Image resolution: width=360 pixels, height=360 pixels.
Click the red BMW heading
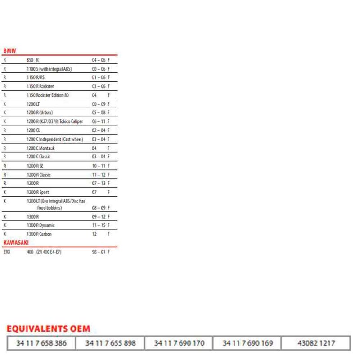point(9,51)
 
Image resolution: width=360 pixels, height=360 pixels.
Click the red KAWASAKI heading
point(16,243)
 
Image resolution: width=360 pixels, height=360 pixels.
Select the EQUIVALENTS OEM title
point(48,329)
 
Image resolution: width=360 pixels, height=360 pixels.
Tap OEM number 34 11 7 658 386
point(41,343)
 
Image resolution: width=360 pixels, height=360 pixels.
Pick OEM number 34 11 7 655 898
point(110,343)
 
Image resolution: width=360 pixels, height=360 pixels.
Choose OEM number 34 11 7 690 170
point(179,343)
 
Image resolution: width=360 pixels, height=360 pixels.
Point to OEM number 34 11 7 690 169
point(247,343)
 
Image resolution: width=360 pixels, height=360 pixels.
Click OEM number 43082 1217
point(316,343)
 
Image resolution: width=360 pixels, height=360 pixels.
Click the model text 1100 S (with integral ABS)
point(49,68)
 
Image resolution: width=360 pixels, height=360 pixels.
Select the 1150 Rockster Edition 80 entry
point(48,95)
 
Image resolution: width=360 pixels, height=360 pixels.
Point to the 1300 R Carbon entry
point(39,234)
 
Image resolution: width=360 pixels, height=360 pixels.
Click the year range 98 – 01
point(98,252)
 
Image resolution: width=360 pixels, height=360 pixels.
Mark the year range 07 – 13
point(98,184)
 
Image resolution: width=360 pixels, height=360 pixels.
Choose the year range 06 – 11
point(98,121)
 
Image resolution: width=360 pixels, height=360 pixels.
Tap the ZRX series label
point(6,252)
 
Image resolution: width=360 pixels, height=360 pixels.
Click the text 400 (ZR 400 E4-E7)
point(44,252)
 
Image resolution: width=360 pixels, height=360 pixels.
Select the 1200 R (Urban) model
point(40,112)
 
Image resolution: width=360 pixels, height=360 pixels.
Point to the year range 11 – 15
point(98,225)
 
